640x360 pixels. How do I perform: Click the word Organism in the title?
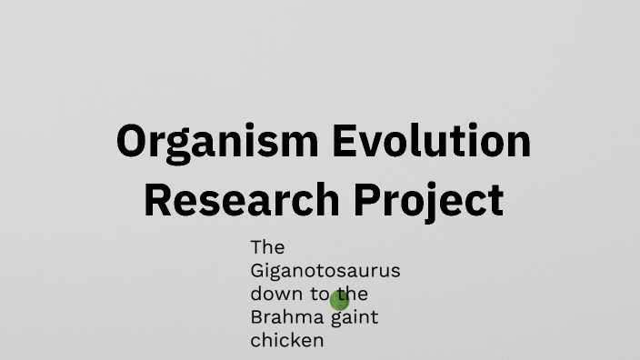(216, 142)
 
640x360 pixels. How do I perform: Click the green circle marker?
(340, 299)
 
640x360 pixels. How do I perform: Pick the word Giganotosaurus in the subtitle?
(325, 271)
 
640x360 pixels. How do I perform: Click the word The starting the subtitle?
(267, 247)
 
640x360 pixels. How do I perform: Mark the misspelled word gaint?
(355, 318)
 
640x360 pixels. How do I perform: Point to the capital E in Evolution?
(342, 142)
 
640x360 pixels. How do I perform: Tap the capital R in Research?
(157, 200)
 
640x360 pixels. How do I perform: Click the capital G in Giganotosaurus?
(257, 271)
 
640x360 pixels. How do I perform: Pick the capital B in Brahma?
(256, 318)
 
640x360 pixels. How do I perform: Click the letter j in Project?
(419, 202)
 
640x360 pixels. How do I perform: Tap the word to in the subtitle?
(317, 295)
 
